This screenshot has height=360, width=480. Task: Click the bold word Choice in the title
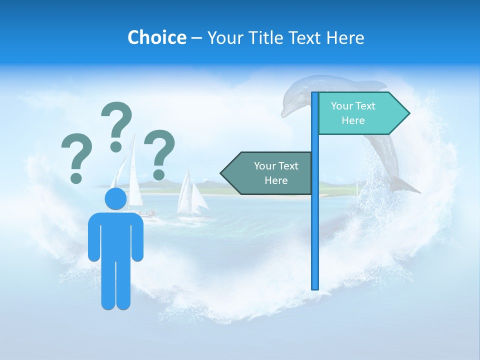[x=156, y=37]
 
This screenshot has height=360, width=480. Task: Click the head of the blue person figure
[x=115, y=198]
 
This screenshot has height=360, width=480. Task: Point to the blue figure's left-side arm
[x=93, y=237]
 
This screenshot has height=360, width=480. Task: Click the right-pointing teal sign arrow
[x=360, y=113]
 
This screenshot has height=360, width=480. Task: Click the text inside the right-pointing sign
[x=353, y=113]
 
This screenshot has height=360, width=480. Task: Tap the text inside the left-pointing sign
[x=276, y=173]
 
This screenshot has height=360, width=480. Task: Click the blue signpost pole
[x=315, y=225]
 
